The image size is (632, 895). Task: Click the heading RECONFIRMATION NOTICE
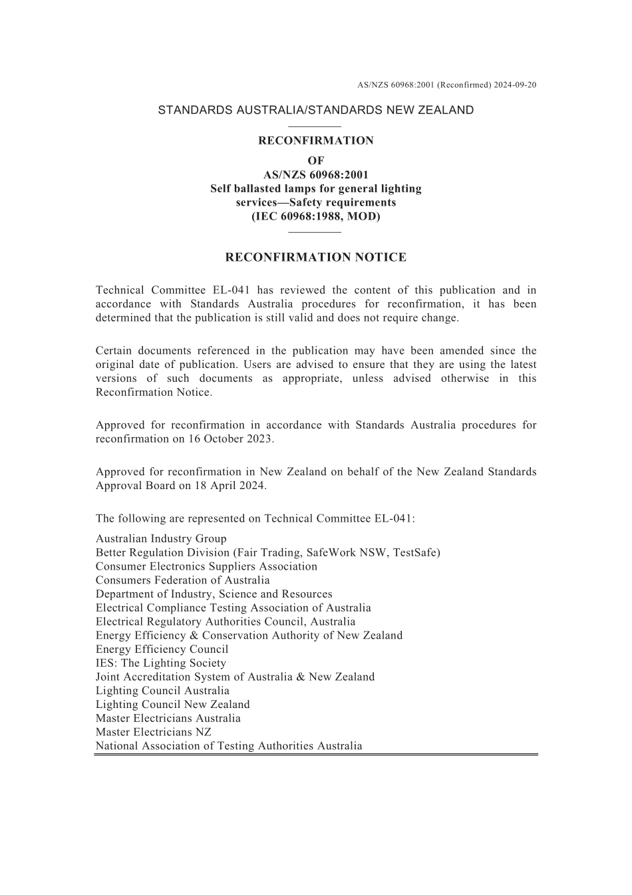(x=315, y=258)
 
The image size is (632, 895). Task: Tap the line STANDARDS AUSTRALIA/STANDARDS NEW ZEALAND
(x=315, y=110)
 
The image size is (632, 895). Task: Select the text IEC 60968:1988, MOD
(x=315, y=216)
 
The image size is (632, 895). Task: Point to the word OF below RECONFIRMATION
(x=315, y=160)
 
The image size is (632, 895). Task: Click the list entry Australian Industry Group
(x=161, y=539)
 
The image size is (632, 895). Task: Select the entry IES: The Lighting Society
(x=161, y=663)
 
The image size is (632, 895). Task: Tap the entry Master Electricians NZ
(x=154, y=732)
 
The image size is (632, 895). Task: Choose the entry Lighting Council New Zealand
(x=173, y=705)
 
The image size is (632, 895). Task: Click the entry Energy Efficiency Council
(x=162, y=649)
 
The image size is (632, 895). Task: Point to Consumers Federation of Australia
(x=183, y=580)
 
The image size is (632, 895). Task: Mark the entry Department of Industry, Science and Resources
(x=214, y=594)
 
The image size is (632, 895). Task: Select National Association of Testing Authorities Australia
(x=229, y=746)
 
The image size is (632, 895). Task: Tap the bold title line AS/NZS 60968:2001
(x=315, y=175)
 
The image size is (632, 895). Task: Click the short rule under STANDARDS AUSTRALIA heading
(x=315, y=126)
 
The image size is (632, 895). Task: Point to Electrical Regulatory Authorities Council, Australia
(x=226, y=622)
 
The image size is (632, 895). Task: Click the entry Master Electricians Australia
(x=168, y=719)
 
